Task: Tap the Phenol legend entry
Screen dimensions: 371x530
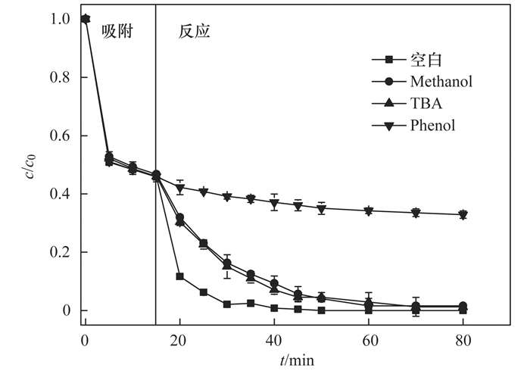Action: [x=433, y=125]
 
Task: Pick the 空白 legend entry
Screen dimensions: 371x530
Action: [x=426, y=59]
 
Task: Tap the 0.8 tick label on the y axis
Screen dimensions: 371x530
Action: [x=63, y=77]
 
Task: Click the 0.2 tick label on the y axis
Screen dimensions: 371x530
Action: [x=63, y=252]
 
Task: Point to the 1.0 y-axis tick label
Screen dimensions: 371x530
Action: [x=63, y=19]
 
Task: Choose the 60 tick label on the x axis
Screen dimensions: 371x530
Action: [x=368, y=338]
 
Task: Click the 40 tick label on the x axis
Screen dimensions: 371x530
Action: [x=274, y=338]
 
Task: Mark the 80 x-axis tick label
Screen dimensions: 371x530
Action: [x=463, y=338]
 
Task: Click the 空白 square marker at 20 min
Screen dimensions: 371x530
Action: [x=179, y=276]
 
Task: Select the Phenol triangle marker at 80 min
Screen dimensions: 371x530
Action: [x=463, y=215]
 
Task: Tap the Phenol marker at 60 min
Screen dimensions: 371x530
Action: [x=368, y=211]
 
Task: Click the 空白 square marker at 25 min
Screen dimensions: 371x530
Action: [x=203, y=292]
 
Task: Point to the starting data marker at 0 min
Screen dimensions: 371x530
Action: [x=85, y=19]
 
